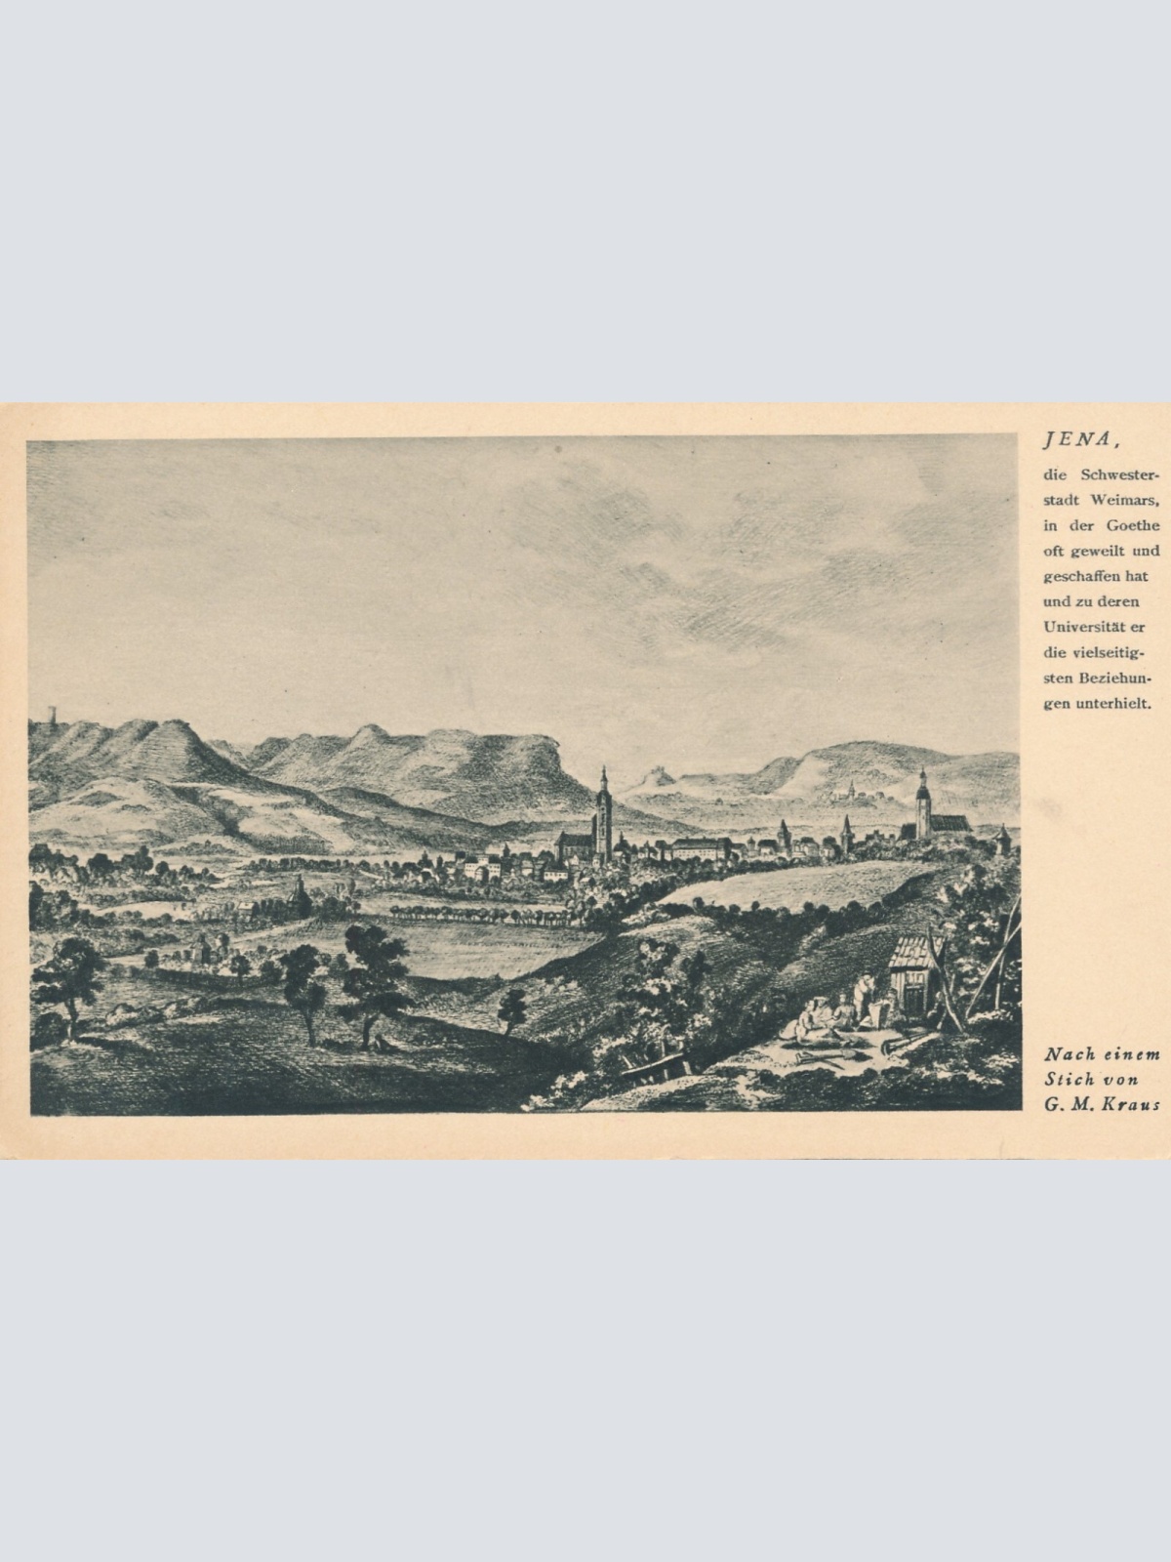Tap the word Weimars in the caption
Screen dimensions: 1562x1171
(1126, 500)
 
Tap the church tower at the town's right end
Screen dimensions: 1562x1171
(922, 806)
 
